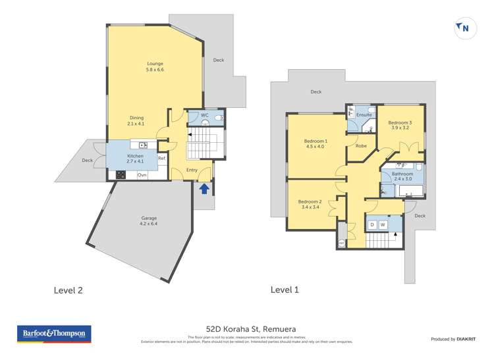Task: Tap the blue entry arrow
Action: (204, 190)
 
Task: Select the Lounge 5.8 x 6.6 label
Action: (155, 66)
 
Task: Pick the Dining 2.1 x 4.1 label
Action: (136, 120)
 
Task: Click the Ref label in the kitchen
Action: (161, 158)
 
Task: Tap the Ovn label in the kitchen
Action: (142, 175)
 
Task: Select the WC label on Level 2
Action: (204, 115)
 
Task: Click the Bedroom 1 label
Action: (316, 144)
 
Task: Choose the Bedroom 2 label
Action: (309, 204)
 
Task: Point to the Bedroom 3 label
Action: (400, 125)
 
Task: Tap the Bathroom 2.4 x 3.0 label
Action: (402, 176)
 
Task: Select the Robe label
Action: (362, 145)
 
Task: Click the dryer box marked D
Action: (372, 225)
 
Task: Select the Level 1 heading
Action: (286, 289)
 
